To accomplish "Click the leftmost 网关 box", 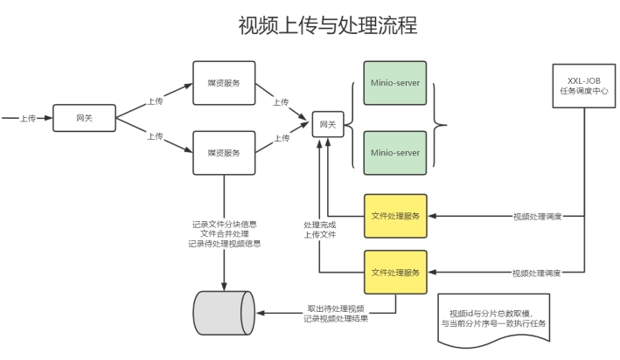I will tap(84, 118).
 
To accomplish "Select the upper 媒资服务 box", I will tap(224, 83).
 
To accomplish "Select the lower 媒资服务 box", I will tap(224, 152).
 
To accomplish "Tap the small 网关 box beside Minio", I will tap(327, 125).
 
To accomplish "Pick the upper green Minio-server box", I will tap(394, 83).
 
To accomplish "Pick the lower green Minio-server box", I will tap(394, 152).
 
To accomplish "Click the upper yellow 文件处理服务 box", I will tap(395, 216).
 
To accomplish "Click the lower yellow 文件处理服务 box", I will tap(395, 272).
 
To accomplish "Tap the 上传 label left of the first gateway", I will tap(28, 118).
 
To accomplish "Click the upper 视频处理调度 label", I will tap(536, 216).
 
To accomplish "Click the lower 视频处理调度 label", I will tap(536, 272).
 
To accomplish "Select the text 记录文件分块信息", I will tap(225, 224).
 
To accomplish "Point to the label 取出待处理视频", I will tap(335, 308).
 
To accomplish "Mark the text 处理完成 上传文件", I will tap(320, 229).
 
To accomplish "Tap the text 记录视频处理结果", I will tap(335, 320).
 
